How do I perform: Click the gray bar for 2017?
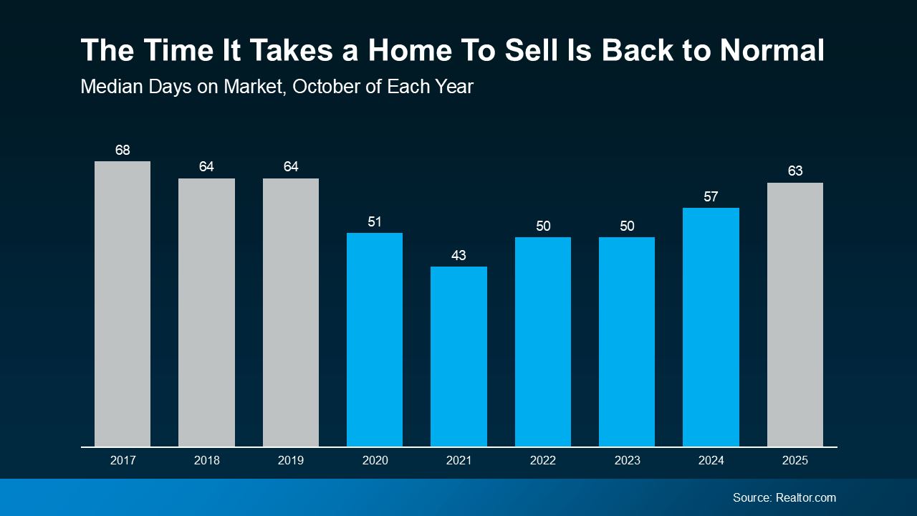pyautogui.click(x=123, y=304)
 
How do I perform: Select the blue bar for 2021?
pyautogui.click(x=458, y=356)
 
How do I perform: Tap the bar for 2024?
pyautogui.click(x=711, y=327)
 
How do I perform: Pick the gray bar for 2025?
pyautogui.click(x=794, y=315)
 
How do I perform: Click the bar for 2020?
pyautogui.click(x=375, y=340)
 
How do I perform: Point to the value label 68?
pyautogui.click(x=123, y=150)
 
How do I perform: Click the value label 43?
pyautogui.click(x=458, y=255)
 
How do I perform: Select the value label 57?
pyautogui.click(x=711, y=196)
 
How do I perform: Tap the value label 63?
pyautogui.click(x=794, y=171)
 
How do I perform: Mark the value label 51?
pyautogui.click(x=375, y=221)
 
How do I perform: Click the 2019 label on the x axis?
pyautogui.click(x=291, y=461)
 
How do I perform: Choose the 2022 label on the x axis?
pyautogui.click(x=542, y=461)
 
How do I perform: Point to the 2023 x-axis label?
pyautogui.click(x=627, y=461)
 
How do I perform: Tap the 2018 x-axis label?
pyautogui.click(x=206, y=461)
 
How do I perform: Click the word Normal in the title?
pyautogui.click(x=772, y=51)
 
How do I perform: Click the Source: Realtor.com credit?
pyautogui.click(x=784, y=497)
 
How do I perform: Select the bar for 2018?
pyautogui.click(x=206, y=312)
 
